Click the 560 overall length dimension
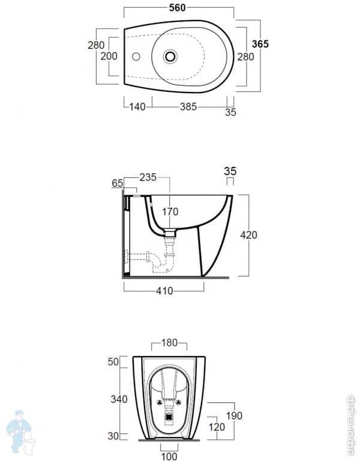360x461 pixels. (177, 7)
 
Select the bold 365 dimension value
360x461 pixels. (260, 44)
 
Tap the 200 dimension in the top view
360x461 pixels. (109, 56)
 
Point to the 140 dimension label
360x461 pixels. (137, 107)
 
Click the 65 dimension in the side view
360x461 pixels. (117, 183)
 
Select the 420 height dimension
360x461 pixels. (248, 235)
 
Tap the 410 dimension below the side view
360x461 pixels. (164, 291)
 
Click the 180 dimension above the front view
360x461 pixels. (169, 343)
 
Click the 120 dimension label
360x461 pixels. (217, 427)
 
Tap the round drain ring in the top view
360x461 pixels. (170, 56)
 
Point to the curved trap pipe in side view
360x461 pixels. (158, 261)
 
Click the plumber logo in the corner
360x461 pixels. (19, 432)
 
